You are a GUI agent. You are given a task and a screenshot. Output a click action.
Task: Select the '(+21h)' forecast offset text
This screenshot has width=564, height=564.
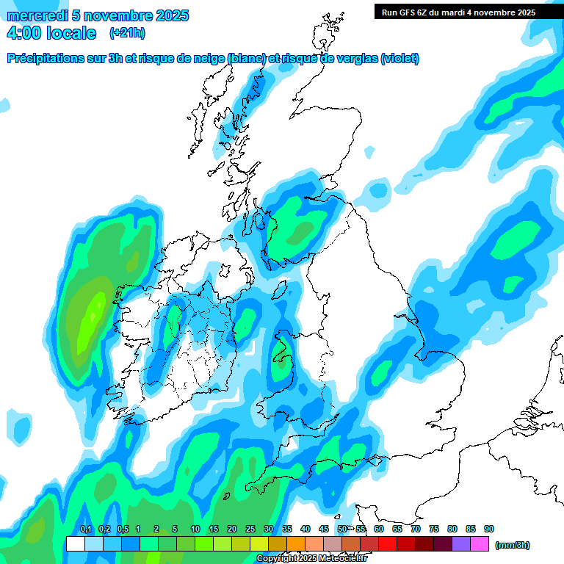pos(126,33)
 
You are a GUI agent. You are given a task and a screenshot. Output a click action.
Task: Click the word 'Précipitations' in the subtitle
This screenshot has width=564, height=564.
pos(44,59)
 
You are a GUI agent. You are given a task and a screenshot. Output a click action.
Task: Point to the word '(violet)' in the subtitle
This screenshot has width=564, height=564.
pos(399,59)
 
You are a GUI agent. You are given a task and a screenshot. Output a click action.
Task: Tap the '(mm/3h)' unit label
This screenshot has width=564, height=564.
pos(512,545)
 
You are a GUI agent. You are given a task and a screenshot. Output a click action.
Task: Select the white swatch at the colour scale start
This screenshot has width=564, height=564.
pos(75,544)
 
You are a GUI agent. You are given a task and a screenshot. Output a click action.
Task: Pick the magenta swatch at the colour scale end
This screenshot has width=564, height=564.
pos(480,544)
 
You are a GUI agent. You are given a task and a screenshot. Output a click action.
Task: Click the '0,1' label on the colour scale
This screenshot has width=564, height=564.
pos(85,529)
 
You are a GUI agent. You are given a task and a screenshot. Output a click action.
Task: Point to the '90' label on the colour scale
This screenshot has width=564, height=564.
pos(489,529)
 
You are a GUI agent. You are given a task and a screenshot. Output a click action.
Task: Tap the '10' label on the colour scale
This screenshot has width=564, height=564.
pos(195,529)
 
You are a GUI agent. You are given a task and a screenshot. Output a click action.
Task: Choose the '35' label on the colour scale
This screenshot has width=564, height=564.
pos(287,529)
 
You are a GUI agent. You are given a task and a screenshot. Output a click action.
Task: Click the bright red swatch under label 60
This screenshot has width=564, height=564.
pos(388,544)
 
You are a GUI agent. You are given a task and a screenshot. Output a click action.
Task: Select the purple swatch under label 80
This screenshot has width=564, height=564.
pos(461,544)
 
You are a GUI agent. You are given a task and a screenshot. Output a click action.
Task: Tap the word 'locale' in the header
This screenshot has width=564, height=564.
pos(70,33)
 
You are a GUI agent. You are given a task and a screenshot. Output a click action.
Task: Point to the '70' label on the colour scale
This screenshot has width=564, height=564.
pos(416,529)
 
